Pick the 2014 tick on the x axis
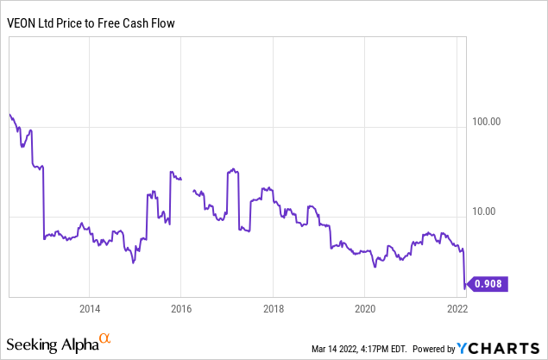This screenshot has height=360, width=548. [89, 308]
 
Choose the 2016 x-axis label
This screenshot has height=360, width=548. [181, 308]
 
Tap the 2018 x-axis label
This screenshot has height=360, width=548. [273, 308]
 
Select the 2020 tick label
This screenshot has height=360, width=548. [365, 308]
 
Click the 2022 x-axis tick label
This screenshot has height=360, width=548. [457, 308]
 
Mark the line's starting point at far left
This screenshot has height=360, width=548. [9, 114]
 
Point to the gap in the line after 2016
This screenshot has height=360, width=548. [187, 183]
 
